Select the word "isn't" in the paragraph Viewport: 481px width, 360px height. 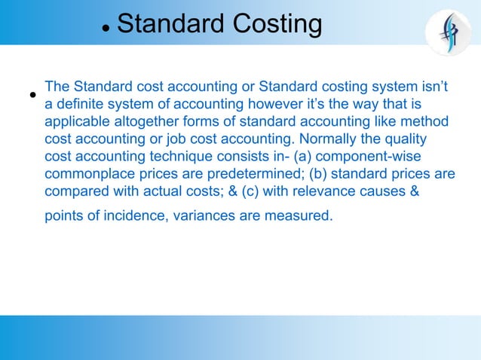coord(434,87)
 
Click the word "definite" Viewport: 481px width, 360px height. coord(82,104)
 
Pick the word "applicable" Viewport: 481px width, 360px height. coord(78,121)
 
